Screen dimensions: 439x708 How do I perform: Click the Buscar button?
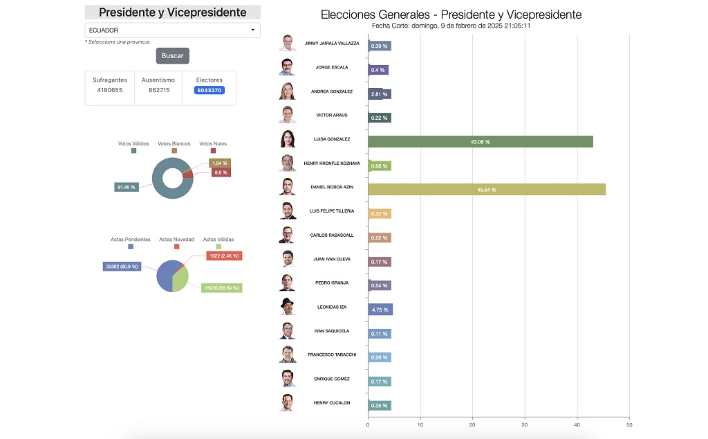tap(172, 55)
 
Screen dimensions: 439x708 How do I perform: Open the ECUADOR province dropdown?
tap(172, 30)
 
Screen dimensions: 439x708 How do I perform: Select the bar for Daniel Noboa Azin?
tap(486, 190)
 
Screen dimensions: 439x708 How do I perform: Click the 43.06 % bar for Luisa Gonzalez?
tap(480, 142)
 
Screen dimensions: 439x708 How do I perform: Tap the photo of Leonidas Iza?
tap(288, 307)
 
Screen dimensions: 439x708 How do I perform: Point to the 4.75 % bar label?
tap(380, 310)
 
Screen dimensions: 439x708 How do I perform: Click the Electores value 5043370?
tap(209, 90)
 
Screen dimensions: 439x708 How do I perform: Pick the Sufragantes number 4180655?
tap(110, 90)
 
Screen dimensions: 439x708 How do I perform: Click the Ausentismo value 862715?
tap(158, 90)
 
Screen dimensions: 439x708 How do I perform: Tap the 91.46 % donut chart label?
tap(127, 187)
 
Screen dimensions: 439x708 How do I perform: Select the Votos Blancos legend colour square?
tap(174, 150)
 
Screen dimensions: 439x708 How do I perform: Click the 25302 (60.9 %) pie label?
tap(122, 267)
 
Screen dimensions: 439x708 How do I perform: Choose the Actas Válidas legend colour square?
tap(218, 246)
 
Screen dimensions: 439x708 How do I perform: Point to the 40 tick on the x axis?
tap(577, 424)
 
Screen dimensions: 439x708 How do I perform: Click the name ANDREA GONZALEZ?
tap(332, 91)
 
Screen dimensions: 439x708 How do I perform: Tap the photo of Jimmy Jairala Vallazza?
tap(288, 43)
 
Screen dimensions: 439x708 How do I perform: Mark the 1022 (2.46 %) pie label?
tap(223, 256)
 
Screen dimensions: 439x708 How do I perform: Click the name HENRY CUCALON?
tap(332, 403)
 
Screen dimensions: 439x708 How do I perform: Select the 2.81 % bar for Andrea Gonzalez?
tap(380, 94)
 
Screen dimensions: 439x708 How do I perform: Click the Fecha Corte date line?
tap(451, 26)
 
